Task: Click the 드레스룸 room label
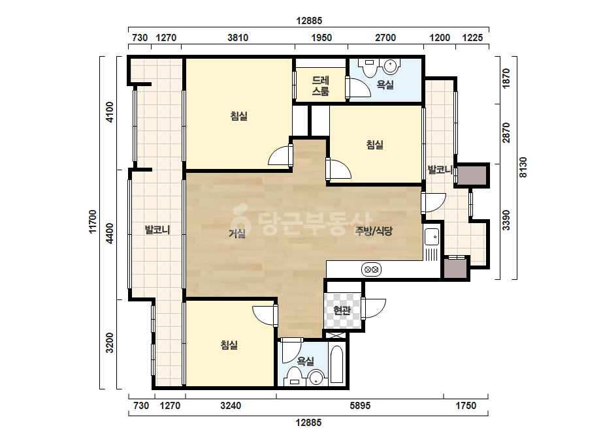320,85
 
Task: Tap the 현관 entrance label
342,310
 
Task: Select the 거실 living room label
237,233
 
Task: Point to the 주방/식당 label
374,230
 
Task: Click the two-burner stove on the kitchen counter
371,269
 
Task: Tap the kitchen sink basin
431,237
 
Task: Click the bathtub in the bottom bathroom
336,365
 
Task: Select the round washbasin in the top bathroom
391,67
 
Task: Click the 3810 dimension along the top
238,38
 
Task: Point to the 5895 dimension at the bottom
360,406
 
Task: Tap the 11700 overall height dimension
92,222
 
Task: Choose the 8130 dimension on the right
523,168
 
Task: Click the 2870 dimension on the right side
506,133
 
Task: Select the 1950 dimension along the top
321,38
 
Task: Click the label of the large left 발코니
157,230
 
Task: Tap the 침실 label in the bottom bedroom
229,344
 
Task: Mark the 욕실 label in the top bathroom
385,85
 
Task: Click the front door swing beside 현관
374,309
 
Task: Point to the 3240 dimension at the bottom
231,406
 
